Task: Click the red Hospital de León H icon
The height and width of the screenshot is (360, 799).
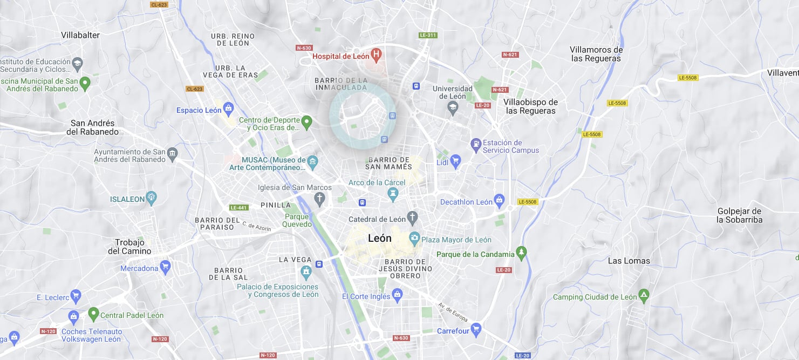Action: [377, 54]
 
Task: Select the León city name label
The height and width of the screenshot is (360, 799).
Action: [380, 238]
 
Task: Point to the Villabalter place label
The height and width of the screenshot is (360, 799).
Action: [80, 35]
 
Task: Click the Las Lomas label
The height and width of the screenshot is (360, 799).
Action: [629, 261]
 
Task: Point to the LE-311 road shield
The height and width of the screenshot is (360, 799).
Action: [428, 35]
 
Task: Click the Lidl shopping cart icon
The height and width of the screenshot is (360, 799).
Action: [456, 160]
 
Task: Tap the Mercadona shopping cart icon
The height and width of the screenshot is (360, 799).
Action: [166, 266]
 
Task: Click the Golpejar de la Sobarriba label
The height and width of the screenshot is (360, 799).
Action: [739, 215]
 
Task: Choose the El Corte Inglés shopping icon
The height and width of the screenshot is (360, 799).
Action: [398, 294]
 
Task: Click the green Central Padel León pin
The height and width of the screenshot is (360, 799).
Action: [93, 313]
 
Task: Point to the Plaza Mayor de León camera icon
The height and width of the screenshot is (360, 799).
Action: [414, 237]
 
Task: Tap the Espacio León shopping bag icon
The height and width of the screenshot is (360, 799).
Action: [228, 108]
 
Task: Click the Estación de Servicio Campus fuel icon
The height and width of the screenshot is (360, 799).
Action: [476, 144]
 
